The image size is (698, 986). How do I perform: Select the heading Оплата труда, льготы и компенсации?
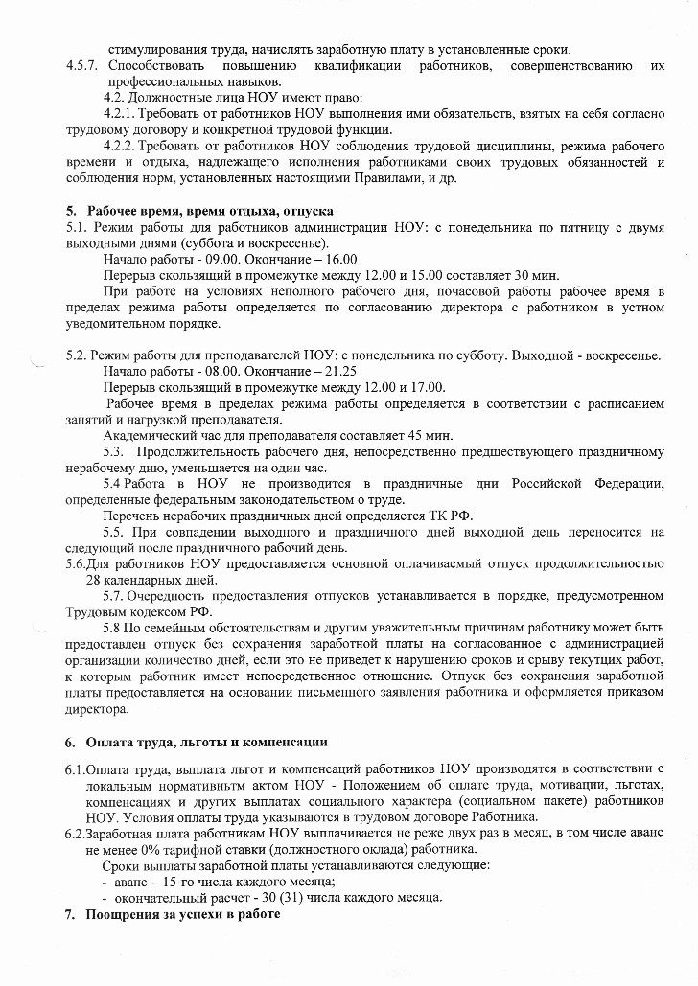[x=207, y=742]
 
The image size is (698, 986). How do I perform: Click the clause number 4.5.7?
[x=82, y=65]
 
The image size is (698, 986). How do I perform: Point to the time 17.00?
[x=428, y=387]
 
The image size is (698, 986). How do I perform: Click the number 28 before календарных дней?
[x=94, y=580]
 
